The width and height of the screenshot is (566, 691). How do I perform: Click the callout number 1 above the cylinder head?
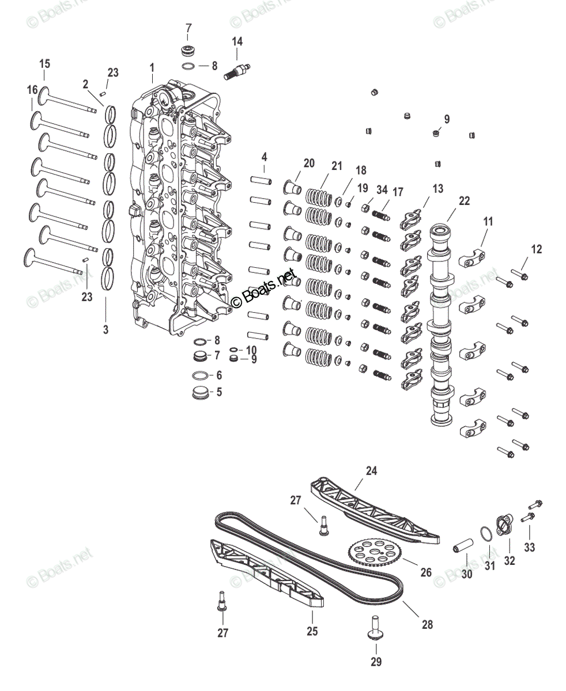point(152,68)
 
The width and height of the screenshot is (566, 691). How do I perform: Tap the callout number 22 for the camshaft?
point(464,201)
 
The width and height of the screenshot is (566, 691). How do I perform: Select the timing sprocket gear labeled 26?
point(374,553)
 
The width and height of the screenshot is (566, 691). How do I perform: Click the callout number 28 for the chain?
point(427,624)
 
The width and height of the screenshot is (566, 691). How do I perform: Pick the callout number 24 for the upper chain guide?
point(371,470)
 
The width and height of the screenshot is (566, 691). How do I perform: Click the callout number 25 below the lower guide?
point(312,631)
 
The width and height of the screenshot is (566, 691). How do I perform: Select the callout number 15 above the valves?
point(45,64)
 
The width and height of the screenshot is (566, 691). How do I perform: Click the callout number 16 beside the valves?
point(32,90)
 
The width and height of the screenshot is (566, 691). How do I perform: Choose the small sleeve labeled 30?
point(465,545)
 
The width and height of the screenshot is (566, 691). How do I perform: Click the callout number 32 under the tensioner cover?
point(510,560)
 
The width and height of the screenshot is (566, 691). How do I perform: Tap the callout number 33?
point(529,547)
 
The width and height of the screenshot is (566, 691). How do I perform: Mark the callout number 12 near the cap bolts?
point(537,249)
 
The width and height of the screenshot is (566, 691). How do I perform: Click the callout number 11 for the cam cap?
point(488,221)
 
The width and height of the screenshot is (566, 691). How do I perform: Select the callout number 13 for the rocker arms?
point(438,189)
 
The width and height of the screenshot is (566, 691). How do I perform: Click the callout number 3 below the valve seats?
point(105,329)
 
